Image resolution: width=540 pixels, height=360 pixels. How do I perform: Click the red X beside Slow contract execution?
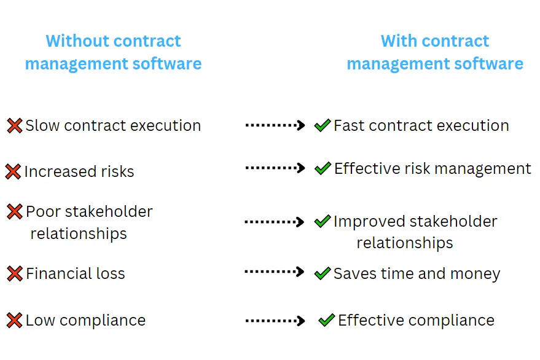[x=15, y=126]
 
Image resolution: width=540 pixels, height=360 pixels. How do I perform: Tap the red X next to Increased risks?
[x=13, y=171]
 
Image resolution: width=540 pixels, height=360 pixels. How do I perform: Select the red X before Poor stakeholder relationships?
[x=15, y=212]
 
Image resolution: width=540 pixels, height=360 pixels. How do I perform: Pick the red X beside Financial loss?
[x=15, y=273]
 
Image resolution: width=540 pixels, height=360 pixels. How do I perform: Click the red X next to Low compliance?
[x=15, y=320]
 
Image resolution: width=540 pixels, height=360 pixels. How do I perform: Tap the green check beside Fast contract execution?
[x=323, y=125]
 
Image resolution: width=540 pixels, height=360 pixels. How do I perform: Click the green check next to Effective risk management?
[x=323, y=168]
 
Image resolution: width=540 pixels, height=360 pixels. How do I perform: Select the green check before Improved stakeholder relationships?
[x=323, y=221]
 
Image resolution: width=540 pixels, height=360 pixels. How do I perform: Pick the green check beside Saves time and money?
[x=323, y=273]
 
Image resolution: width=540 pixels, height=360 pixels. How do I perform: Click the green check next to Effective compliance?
[x=327, y=320]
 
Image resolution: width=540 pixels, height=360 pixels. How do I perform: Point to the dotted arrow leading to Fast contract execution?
[x=275, y=125]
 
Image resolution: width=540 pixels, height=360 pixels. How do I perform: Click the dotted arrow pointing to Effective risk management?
[x=275, y=168]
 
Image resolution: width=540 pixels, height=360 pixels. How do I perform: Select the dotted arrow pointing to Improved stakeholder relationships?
[x=275, y=222]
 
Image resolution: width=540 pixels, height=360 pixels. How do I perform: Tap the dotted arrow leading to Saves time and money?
[x=275, y=272]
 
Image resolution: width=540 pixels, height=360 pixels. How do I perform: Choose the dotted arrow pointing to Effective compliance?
[x=275, y=320]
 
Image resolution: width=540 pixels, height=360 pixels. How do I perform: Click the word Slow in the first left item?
[x=42, y=126]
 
